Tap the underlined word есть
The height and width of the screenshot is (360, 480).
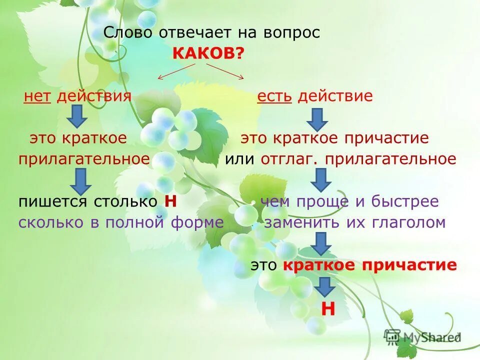274,96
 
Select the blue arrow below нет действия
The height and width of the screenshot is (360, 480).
77,116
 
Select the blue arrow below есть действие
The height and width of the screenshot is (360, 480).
317,118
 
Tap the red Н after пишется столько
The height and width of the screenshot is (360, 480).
171,201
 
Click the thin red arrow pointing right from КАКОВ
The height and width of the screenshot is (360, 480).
226,70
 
